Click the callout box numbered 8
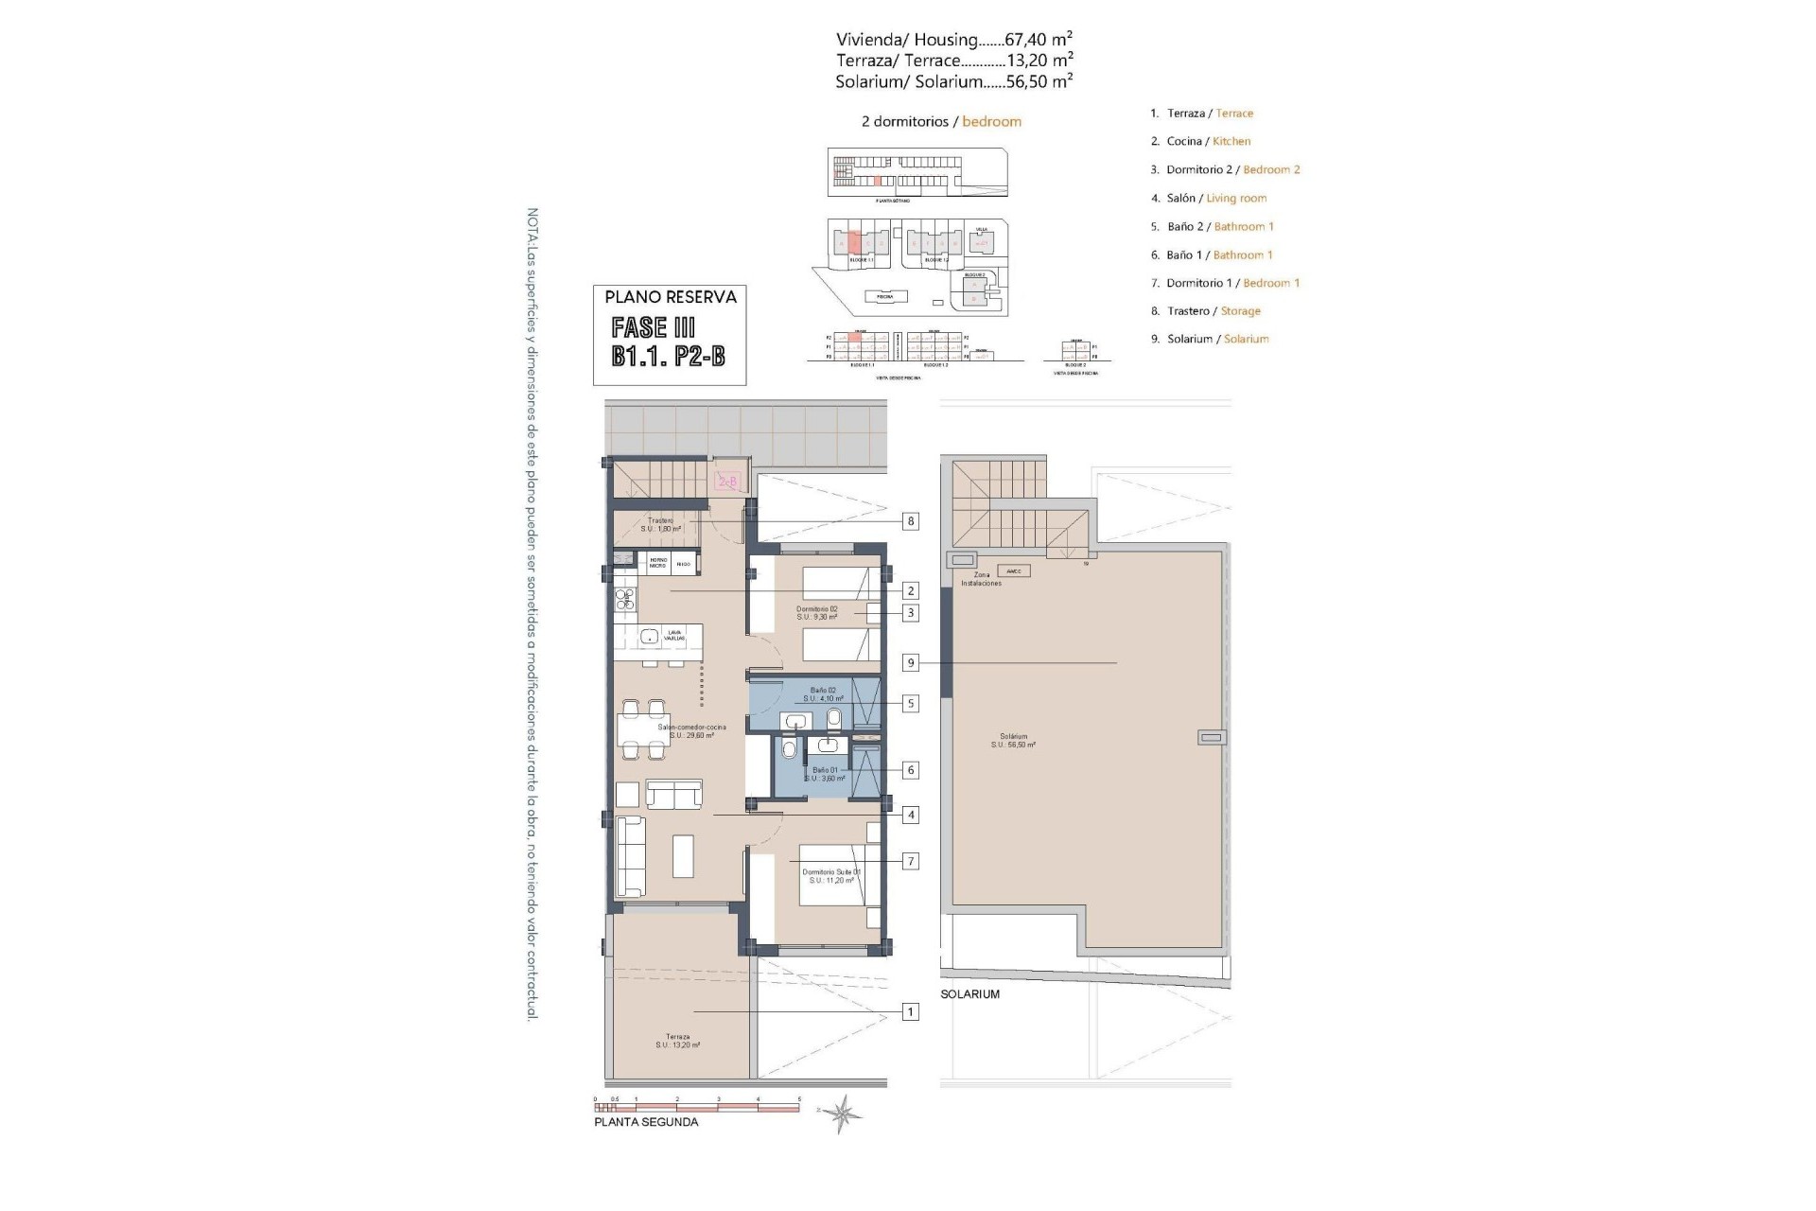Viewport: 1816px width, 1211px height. [910, 521]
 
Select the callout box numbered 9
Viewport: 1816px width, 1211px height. [910, 663]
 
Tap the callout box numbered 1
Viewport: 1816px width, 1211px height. [910, 1012]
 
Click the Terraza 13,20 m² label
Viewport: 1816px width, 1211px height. [677, 1041]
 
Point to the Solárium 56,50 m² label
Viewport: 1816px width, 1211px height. [1013, 740]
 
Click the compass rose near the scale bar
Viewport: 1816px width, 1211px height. [841, 1114]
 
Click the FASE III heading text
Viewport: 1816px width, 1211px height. [654, 327]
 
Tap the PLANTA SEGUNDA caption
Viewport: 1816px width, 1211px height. [646, 1122]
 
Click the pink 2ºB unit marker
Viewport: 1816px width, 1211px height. [727, 482]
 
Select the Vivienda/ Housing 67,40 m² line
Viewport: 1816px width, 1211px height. [953, 40]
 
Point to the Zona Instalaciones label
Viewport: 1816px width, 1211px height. [981, 579]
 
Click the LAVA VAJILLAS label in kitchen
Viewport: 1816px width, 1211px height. [674, 637]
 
